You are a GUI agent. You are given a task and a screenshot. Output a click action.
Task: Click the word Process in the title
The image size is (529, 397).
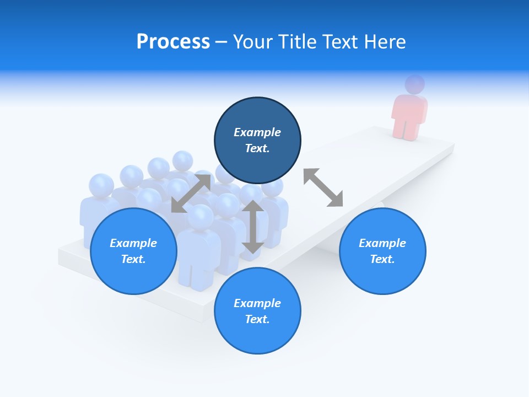tap(173, 42)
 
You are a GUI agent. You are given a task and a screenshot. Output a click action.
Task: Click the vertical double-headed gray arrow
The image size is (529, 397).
tap(252, 227)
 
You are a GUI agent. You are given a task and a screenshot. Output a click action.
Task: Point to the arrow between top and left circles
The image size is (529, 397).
tap(191, 193)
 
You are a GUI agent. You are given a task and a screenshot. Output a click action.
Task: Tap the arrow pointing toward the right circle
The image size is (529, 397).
tap(323, 187)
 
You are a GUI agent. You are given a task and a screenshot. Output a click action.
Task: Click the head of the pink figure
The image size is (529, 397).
tap(415, 84)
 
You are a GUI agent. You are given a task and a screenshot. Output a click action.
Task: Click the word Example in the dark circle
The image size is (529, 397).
tap(257, 132)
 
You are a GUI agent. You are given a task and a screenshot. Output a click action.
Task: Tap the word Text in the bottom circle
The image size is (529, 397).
tap(256, 319)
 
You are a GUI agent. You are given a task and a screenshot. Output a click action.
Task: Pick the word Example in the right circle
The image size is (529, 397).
tap(382, 243)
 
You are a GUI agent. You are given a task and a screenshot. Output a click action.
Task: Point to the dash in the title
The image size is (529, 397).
tap(222, 42)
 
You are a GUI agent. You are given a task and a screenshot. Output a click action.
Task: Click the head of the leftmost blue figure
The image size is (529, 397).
tap(101, 186)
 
